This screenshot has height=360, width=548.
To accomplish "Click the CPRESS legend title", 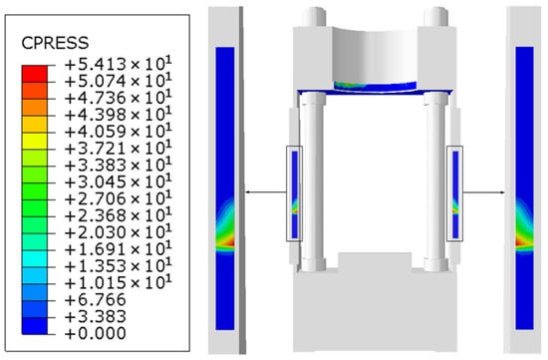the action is tap(55, 43).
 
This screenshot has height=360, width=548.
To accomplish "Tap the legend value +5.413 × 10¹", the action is tap(119, 65).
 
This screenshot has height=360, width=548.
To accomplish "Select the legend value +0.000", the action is tap(95, 333).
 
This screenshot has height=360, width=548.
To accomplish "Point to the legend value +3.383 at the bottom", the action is tap(95, 316).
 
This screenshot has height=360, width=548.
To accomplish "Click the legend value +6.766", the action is tap(95, 300).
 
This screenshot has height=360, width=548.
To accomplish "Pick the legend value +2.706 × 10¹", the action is tap(119, 198).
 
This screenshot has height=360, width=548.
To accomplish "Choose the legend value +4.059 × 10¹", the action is tap(119, 132).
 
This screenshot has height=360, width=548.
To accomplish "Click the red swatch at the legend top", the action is tap(34, 74).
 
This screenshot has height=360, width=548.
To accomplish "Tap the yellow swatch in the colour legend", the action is tap(34, 141).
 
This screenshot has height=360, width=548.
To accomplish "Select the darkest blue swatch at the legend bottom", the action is tap(34, 326).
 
